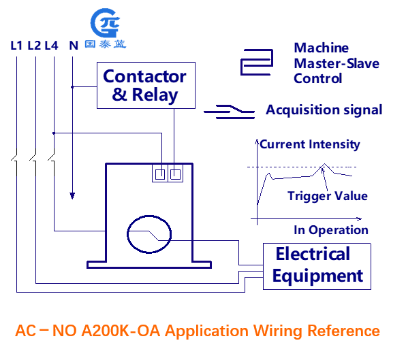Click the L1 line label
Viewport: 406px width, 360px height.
coord(16,46)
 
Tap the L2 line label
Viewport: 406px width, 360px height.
coord(34,46)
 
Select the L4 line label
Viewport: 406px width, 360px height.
coord(51,46)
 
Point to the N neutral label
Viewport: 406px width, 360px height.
coord(74,46)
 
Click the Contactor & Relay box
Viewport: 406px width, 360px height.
coord(146,85)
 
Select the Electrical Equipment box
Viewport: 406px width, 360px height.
coord(317,266)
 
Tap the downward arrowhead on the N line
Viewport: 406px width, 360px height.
coord(72,196)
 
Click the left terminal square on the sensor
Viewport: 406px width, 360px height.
coord(160,174)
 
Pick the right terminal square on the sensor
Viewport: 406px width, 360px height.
coord(175,174)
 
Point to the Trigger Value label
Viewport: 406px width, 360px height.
coord(328,196)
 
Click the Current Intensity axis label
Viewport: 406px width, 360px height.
coord(310,144)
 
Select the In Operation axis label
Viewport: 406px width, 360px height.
coord(331,230)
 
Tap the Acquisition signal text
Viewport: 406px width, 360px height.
coord(324,110)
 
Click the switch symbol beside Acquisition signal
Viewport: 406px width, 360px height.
coord(230,112)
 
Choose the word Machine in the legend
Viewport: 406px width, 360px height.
coord(322,48)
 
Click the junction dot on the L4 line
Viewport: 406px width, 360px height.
coord(54,133)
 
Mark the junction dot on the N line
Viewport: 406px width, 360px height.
coord(72,87)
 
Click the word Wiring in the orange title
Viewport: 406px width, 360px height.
coord(278,331)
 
